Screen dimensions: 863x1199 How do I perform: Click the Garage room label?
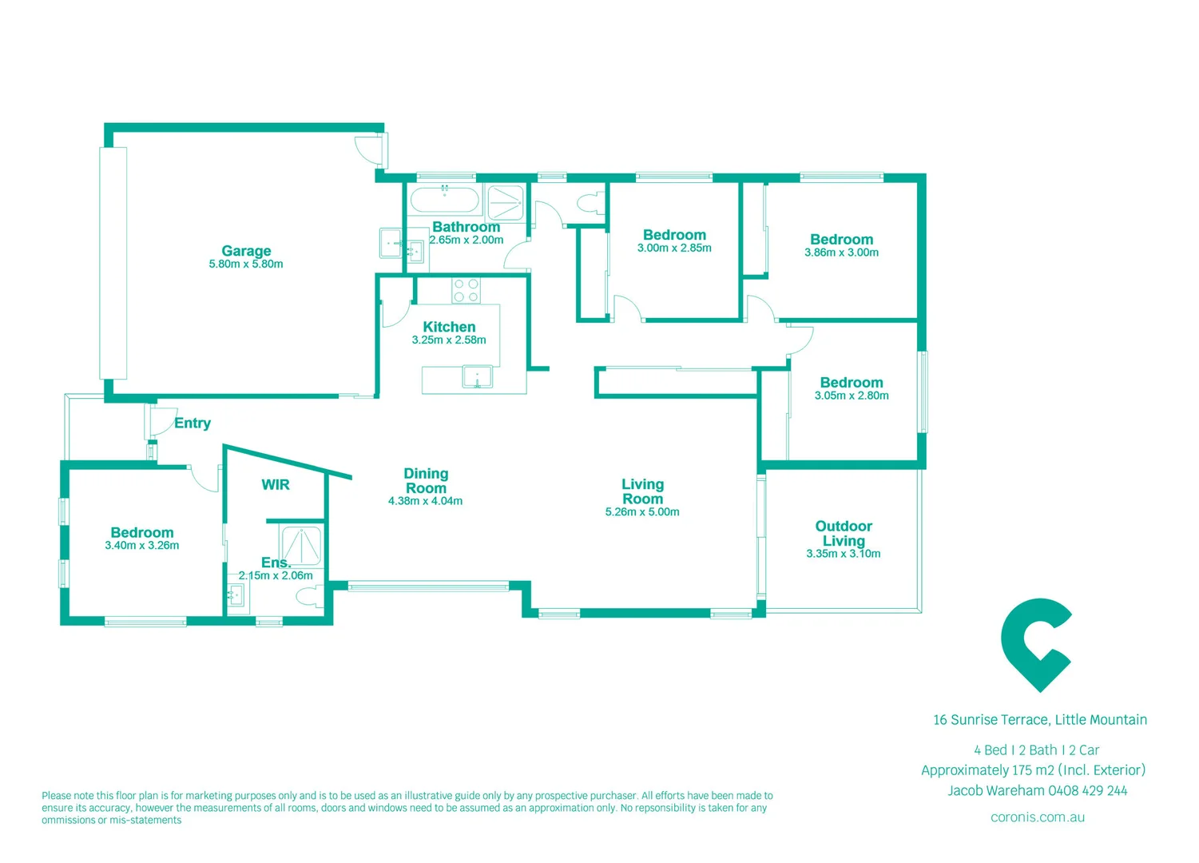246,251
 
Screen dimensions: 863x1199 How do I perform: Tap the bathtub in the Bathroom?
444,200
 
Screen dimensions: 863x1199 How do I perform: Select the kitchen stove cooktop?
466,291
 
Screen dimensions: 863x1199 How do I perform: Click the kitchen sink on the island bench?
477,376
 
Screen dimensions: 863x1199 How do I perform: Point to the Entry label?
193,424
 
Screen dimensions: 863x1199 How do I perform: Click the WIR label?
276,485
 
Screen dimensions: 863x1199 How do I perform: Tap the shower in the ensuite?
302,546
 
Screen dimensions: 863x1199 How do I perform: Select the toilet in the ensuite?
309,596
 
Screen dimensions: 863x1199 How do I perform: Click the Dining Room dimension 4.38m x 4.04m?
425,502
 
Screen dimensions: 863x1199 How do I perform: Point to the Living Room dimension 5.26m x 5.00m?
642,512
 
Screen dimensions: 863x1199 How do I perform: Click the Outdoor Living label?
844,533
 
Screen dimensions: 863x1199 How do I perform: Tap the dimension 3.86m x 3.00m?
841,253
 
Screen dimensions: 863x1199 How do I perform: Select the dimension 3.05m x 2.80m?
852,396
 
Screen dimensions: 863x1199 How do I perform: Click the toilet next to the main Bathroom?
590,202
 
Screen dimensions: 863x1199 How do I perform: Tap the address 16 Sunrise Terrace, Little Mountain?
1040,720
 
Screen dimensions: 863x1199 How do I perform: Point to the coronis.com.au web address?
1038,817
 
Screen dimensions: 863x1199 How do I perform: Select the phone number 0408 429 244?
1088,791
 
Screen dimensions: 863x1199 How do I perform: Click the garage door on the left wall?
113,263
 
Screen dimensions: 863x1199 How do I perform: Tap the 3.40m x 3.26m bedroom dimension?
141,546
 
